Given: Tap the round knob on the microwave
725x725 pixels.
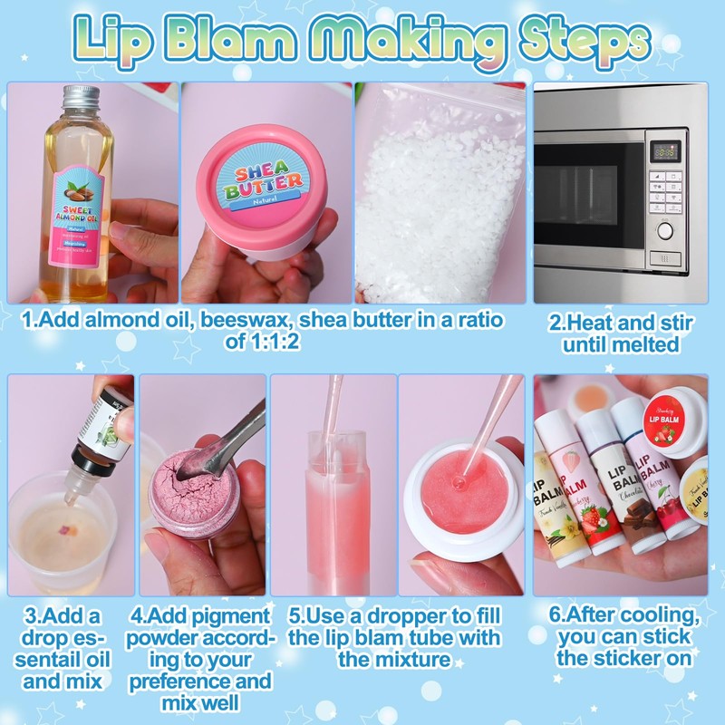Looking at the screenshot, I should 665,231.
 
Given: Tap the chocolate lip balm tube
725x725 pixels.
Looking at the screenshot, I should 630,480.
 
